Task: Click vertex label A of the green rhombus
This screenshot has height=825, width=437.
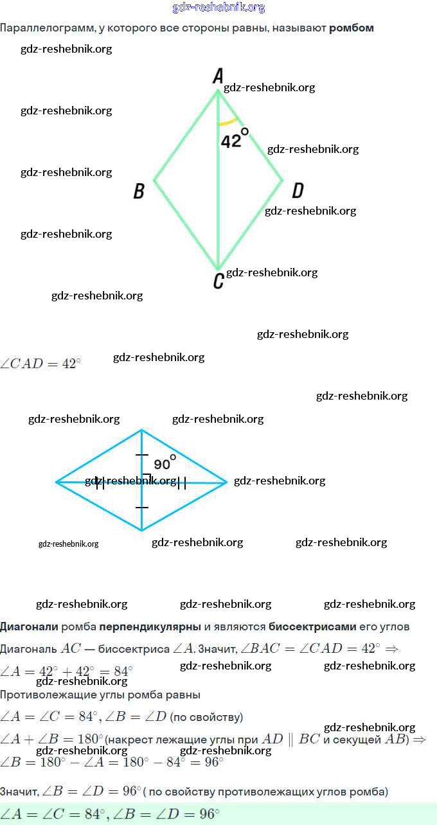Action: pyautogui.click(x=218, y=77)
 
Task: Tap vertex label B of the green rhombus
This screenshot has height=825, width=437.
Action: pyautogui.click(x=139, y=191)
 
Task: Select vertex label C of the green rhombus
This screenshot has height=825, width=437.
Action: pyautogui.click(x=219, y=281)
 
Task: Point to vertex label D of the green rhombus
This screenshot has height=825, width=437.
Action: pyautogui.click(x=298, y=190)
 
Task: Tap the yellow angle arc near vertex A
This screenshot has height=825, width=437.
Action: pyautogui.click(x=227, y=121)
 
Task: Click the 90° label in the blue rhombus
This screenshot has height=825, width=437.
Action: pyautogui.click(x=165, y=463)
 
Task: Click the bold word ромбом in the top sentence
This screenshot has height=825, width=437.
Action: pyautogui.click(x=352, y=28)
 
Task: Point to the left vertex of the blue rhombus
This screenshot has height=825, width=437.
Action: pyautogui.click(x=57, y=481)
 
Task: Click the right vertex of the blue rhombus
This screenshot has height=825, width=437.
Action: pyautogui.click(x=227, y=481)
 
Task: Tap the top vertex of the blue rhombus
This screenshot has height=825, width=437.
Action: pyautogui.click(x=142, y=430)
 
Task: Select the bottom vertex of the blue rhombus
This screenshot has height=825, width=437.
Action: pyautogui.click(x=142, y=531)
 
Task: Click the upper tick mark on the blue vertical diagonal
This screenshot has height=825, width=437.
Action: pyautogui.click(x=142, y=455)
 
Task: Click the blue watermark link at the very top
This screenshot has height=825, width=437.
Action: pyautogui.click(x=219, y=8)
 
